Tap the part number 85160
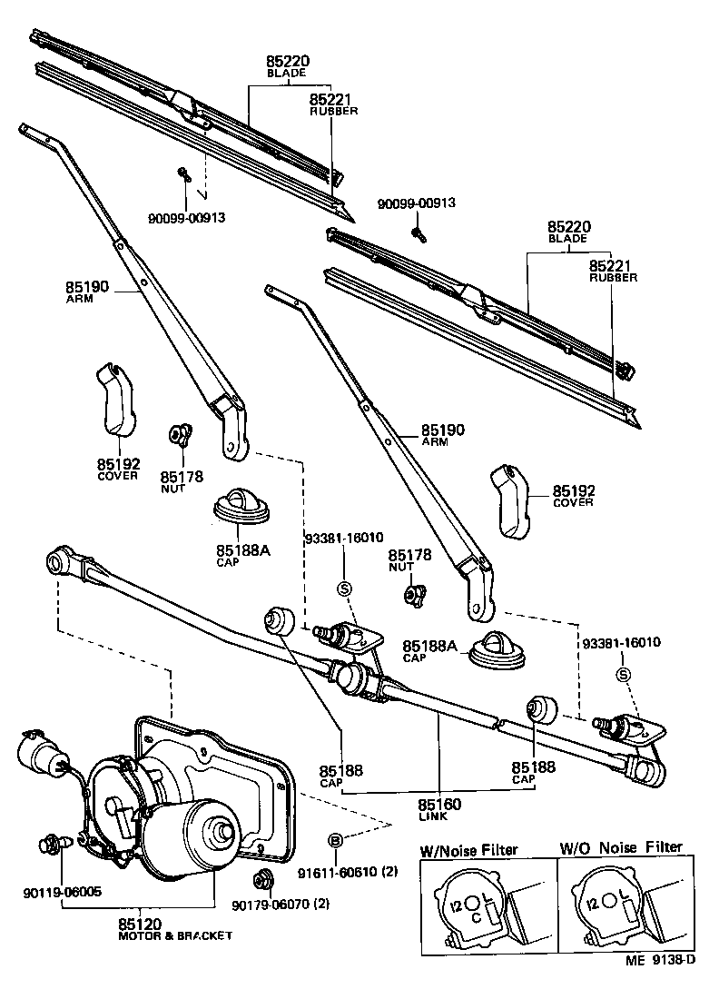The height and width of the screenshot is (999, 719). (x=440, y=804)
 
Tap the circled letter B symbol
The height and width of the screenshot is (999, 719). (x=335, y=840)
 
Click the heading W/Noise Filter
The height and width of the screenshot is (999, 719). (x=468, y=850)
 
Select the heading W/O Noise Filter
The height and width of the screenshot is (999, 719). (x=620, y=847)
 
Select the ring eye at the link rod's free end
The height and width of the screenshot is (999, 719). (x=63, y=562)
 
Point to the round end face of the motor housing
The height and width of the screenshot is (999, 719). (x=219, y=831)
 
